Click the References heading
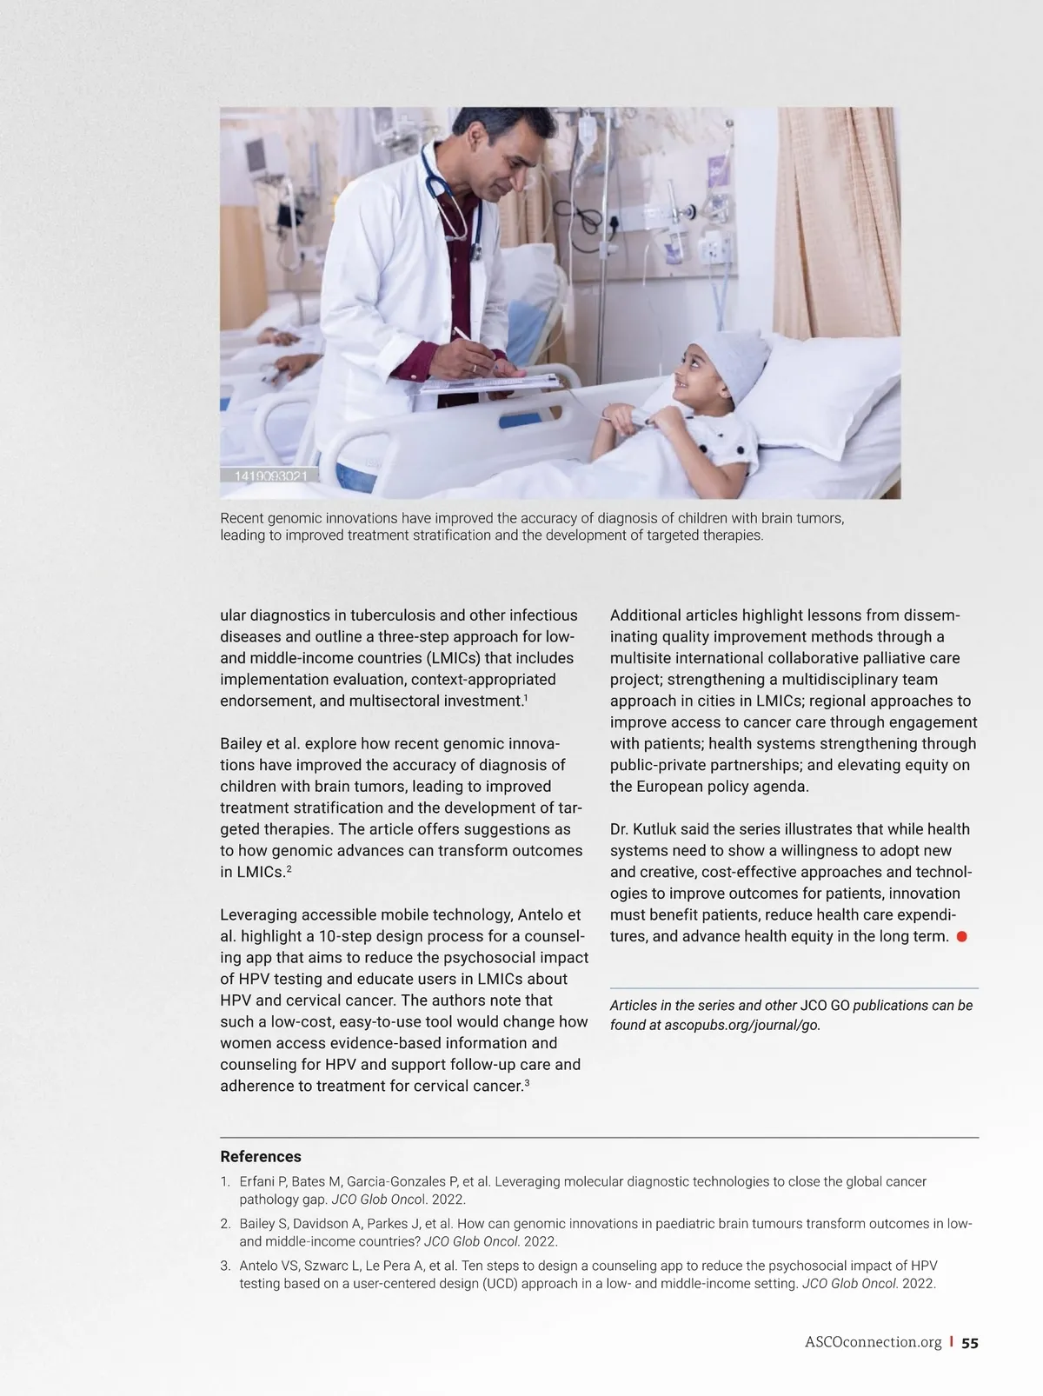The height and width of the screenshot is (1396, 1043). pos(261,1156)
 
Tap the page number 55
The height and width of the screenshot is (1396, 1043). pos(970,1343)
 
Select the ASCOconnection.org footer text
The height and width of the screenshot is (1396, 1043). pos(873,1343)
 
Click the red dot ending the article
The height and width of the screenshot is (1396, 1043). pos(962,937)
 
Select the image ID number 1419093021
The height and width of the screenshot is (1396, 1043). pos(270,475)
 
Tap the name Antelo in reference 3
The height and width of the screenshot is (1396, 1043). pos(260,1266)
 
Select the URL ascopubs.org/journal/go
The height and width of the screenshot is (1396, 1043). pos(741,1025)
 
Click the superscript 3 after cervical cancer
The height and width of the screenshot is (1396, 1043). pos(527,1083)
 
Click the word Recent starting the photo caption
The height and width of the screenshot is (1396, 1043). pos(242,518)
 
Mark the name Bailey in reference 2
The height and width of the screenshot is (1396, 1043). pos(258,1224)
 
